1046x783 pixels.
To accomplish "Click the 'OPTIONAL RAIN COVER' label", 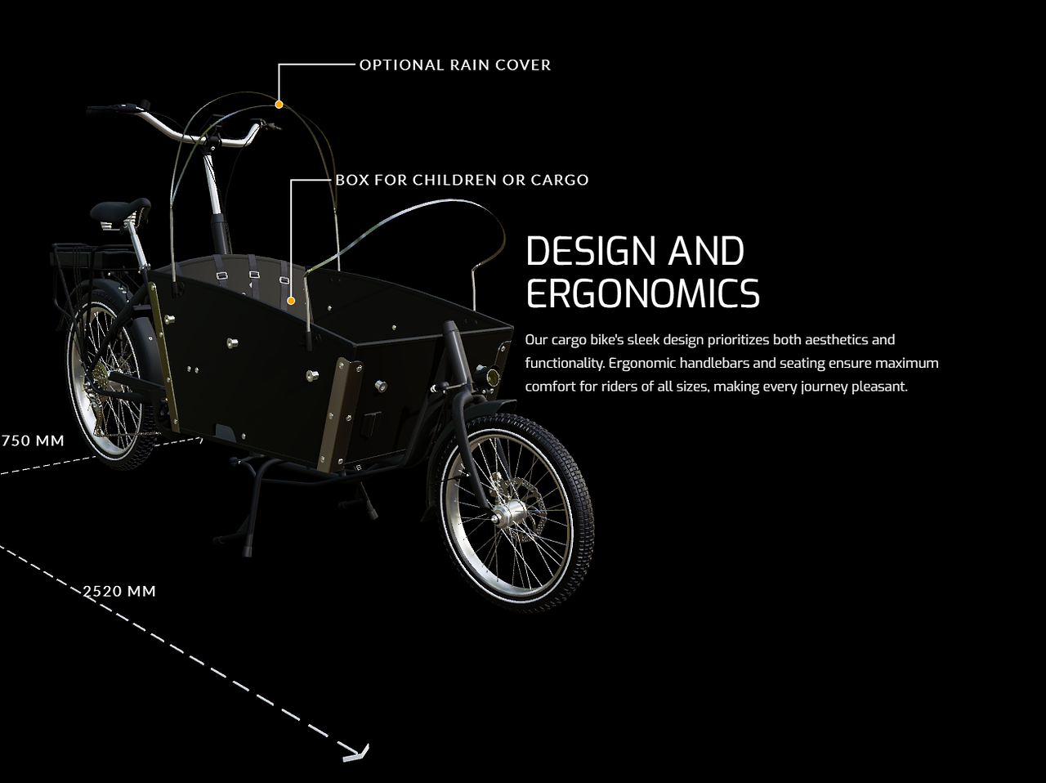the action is [455, 65].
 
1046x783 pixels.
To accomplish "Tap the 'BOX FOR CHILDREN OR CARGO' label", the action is [463, 180].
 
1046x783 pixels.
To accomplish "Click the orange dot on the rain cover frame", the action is [279, 105].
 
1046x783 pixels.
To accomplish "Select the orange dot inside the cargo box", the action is [291, 301].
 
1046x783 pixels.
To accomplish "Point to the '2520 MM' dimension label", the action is [119, 592].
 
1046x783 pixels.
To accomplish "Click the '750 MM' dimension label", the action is [33, 441].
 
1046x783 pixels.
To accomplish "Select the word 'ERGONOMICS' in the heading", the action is [643, 293].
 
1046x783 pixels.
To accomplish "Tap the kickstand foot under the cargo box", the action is [247, 550].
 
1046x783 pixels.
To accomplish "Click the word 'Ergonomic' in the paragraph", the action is [642, 364].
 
